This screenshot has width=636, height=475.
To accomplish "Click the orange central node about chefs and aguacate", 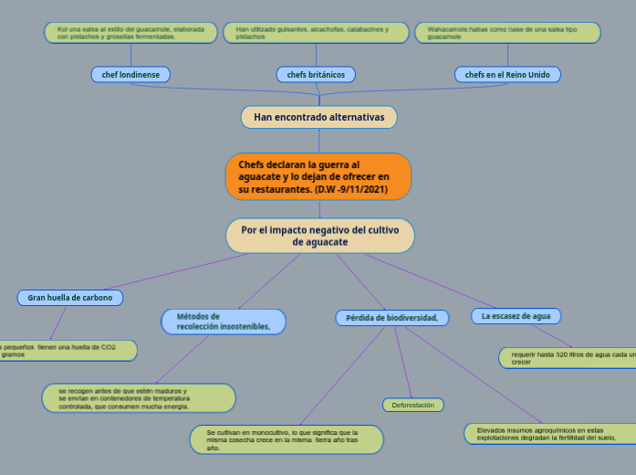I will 318,176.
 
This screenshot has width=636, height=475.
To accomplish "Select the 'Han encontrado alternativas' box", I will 318,117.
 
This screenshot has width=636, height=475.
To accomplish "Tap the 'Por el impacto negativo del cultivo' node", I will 319,236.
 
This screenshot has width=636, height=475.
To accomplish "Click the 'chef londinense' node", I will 130,74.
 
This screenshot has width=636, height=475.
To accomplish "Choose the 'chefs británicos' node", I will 316,74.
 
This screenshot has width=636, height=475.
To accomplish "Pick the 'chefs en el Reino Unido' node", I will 507,74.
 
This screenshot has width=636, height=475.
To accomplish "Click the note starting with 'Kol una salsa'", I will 130,33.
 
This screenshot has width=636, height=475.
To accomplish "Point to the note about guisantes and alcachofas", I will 316,33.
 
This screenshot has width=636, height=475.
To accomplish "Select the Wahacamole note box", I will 507,33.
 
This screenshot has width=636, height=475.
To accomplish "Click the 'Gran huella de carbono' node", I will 70,298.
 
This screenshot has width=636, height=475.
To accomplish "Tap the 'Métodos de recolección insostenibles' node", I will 223,322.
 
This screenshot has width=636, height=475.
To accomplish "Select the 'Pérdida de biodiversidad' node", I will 391,318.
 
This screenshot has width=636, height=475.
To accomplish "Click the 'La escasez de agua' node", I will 516,316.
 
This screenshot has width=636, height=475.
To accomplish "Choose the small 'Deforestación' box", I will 412,404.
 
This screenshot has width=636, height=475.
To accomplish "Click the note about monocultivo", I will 287,439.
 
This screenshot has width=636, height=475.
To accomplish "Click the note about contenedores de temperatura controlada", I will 138,398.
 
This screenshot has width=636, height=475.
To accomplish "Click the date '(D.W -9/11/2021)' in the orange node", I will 351,189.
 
